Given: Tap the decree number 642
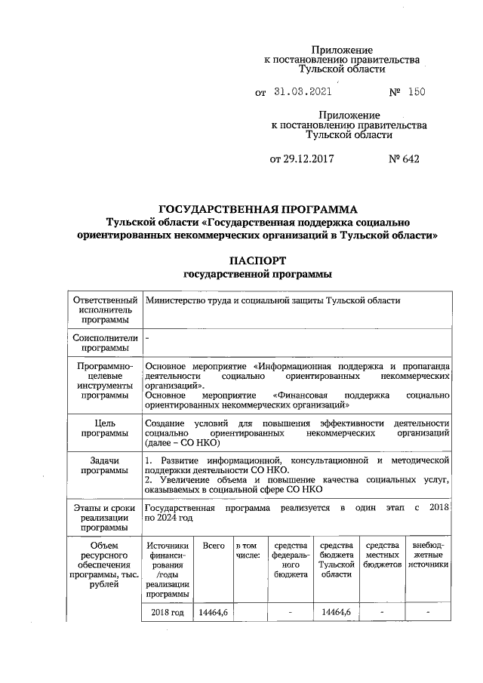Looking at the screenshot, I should coord(405,159).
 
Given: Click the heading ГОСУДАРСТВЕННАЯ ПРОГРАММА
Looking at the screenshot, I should coord(257,208).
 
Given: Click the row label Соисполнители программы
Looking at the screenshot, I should coord(104,343).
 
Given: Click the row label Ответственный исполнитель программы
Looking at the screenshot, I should coord(104,310).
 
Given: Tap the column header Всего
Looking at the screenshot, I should coord(214,546).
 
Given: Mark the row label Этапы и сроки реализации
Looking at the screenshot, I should coord(104,518).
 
